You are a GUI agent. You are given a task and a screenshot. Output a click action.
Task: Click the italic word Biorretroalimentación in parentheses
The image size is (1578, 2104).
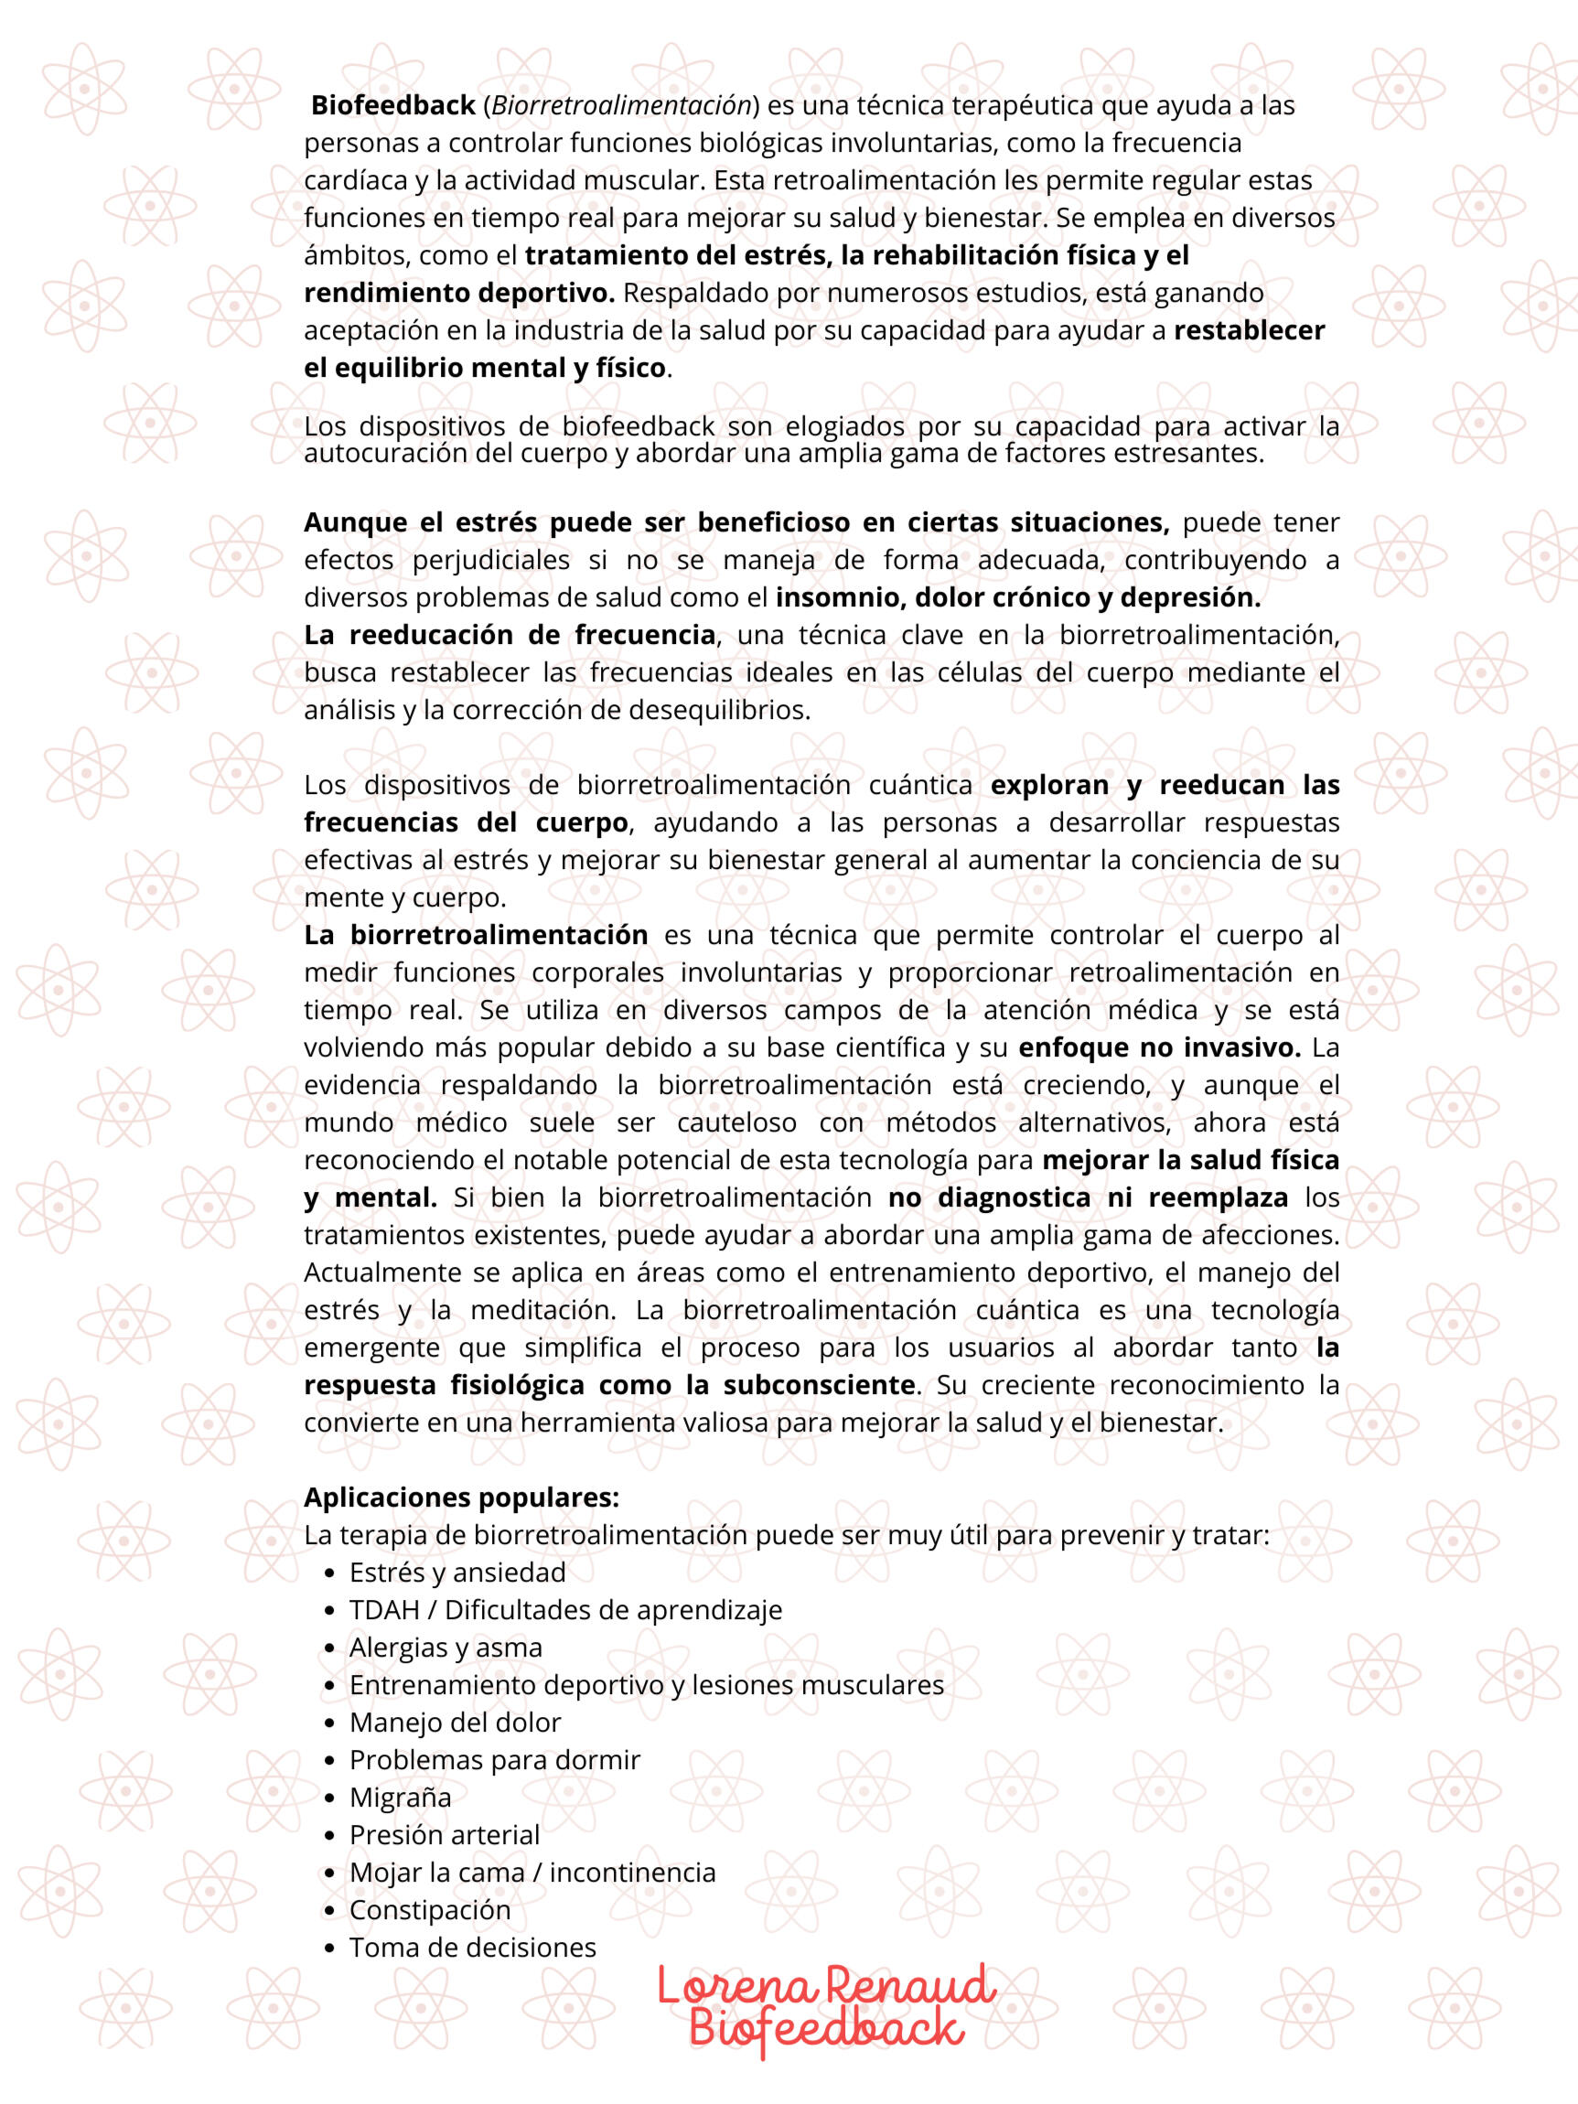coord(621,105)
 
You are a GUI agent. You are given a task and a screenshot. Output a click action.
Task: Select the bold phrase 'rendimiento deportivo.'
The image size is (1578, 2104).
coord(459,293)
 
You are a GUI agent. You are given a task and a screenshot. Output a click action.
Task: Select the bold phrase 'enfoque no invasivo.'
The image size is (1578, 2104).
coord(1159,1048)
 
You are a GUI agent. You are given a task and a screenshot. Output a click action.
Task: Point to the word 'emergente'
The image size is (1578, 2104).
coord(372,1347)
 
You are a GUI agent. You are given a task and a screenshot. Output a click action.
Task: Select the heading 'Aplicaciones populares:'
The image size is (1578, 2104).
coord(461,1498)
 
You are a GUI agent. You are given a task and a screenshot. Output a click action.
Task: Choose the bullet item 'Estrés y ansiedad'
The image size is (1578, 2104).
coord(457,1573)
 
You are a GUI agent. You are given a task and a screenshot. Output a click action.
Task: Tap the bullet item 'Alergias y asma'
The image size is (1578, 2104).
coord(445,1648)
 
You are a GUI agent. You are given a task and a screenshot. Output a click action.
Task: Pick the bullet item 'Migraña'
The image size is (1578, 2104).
coord(401,1798)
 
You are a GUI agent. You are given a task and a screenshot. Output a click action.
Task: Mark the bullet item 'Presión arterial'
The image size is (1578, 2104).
coord(445,1835)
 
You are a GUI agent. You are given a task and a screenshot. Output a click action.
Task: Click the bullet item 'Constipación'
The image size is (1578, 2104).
coord(430,1910)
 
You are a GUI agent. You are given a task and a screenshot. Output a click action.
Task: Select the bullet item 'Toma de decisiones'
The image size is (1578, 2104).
coord(473,1947)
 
